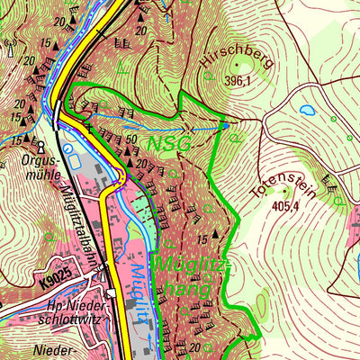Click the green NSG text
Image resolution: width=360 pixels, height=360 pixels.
tap(170, 143)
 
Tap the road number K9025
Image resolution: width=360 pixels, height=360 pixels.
tap(57, 282)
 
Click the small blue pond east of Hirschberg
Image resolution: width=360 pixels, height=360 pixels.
tap(307, 111)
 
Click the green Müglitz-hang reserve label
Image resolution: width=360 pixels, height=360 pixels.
tap(184, 275)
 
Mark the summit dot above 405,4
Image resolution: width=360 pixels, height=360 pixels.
tap(286, 190)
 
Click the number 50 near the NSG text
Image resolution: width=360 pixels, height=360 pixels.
tap(131, 139)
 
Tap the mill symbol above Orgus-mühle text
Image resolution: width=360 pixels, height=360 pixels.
tap(40, 143)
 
